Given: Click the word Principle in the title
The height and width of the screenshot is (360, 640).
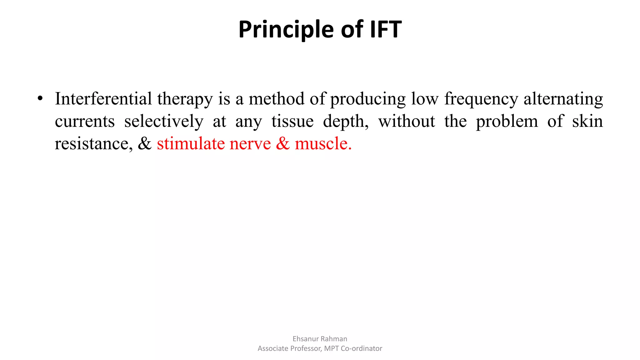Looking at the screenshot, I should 286,30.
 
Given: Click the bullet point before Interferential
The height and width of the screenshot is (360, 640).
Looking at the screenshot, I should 40,99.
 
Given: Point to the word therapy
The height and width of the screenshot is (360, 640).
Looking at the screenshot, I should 185,99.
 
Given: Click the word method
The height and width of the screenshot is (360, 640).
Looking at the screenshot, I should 276,99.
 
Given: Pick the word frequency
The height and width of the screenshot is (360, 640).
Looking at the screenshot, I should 481,99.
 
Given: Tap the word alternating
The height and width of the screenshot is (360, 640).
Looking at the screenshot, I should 563,99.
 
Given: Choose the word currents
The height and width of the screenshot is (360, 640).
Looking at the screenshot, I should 85,122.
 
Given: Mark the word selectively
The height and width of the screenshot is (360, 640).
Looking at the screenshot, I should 164,122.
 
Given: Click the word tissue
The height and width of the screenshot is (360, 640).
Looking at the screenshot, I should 292,121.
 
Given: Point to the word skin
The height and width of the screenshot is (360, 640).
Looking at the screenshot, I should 587,121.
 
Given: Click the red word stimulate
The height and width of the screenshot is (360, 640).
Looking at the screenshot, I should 190,144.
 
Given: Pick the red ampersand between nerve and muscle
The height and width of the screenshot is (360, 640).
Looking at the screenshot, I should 283,144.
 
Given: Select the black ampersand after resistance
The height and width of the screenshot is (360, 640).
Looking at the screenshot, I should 145,144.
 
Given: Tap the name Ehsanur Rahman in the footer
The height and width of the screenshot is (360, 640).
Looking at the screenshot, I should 320,339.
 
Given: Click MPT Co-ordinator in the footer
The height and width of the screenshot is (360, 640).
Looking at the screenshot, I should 353,348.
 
